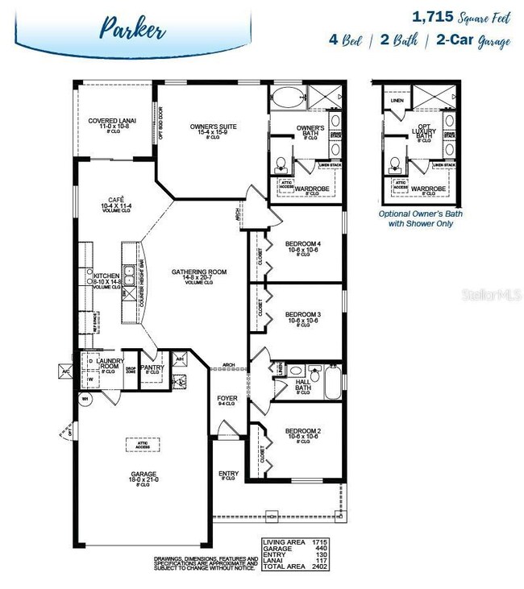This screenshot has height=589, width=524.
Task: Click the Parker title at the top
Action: tap(133, 30)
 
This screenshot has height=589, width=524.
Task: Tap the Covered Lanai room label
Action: tap(114, 121)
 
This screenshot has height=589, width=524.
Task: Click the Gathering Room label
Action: tap(199, 272)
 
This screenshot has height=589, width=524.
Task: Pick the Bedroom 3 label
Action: tap(303, 313)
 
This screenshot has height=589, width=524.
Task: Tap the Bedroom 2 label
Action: tap(303, 431)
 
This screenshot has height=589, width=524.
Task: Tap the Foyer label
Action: tap(227, 399)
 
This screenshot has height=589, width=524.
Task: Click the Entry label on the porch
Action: tap(228, 474)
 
